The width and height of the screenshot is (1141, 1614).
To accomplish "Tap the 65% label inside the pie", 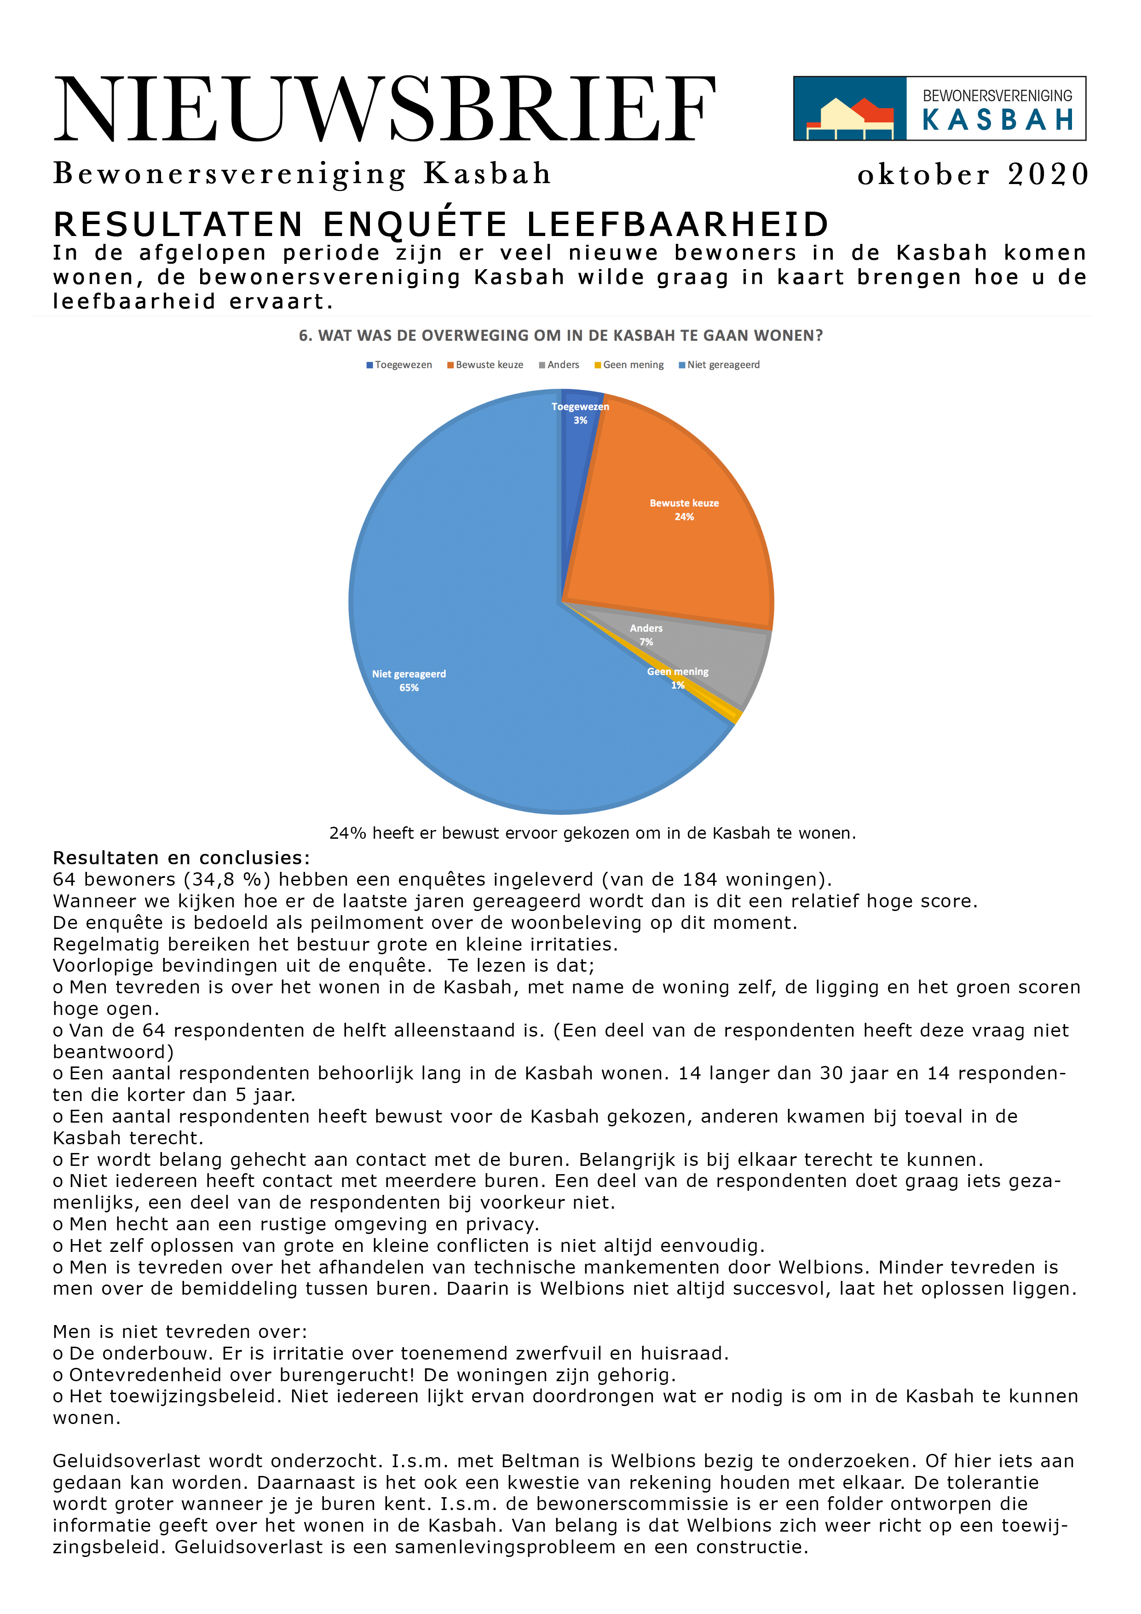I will coord(409,687).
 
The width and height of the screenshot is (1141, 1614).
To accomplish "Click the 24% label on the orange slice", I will coord(684,517).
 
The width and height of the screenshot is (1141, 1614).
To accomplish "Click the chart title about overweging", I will coord(560,335).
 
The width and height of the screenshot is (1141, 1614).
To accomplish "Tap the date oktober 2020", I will coord(973,174).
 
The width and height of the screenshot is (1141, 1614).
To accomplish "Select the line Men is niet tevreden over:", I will coord(180,1332).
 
